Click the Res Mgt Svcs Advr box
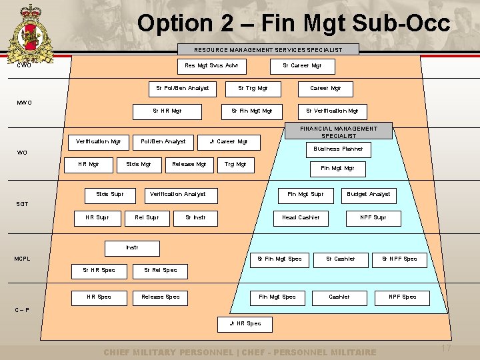pyautogui.click(x=211, y=65)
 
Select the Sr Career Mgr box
pyautogui.click(x=302, y=65)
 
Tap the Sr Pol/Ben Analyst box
pyautogui.click(x=182, y=88)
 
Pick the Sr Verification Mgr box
pyautogui.click(x=332, y=111)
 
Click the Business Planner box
pyautogui.click(x=338, y=149)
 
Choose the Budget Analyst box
pyautogui.click(x=369, y=194)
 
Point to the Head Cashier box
pyautogui.click(x=301, y=217)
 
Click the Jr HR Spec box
pyautogui.click(x=245, y=323)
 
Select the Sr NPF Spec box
pyautogui.click(x=399, y=259)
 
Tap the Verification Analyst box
pyautogui.click(x=177, y=194)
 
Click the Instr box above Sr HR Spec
pyautogui.click(x=132, y=247)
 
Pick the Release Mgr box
pyautogui.click(x=189, y=163)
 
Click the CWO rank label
pyautogui.click(x=25, y=65)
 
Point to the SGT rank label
pyautogui.click(x=23, y=204)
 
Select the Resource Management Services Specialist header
pyautogui.click(x=268, y=49)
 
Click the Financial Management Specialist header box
pyautogui.click(x=339, y=131)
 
